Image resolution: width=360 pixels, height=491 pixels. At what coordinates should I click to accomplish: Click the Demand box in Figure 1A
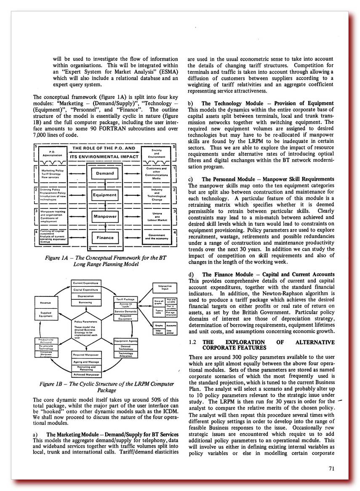pos(105,173)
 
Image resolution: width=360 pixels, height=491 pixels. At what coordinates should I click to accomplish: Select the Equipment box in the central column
pos(105,195)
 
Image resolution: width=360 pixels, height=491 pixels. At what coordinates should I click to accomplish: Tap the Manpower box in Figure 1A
pos(105,216)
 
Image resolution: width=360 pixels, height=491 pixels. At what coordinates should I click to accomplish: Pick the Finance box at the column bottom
pos(105,237)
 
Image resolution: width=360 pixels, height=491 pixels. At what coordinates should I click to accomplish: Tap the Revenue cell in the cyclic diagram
pos(45,303)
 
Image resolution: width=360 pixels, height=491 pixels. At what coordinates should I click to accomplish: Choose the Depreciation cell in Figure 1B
pos(86,296)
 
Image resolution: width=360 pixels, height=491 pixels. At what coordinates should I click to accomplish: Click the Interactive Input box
pos(165,288)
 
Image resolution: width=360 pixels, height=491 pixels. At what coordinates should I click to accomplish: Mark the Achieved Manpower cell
pos(86,374)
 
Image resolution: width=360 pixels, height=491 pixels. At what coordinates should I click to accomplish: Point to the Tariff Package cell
pos(126,299)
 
